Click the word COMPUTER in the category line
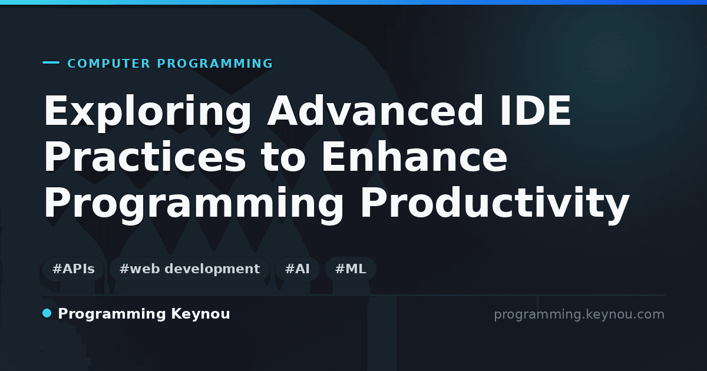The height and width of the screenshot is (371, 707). [108, 64]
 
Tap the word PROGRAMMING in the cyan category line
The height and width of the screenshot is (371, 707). [214, 64]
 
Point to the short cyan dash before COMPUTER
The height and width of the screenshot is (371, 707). [51, 62]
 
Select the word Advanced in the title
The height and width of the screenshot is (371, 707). [375, 111]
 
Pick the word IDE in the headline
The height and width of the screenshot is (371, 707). [536, 111]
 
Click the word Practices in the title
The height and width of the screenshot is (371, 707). [145, 157]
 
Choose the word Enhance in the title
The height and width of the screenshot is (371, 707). [414, 157]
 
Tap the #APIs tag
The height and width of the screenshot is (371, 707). [73, 269]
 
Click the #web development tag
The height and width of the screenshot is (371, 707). [189, 269]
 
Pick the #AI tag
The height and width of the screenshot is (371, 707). [298, 269]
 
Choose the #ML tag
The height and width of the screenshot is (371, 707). [351, 269]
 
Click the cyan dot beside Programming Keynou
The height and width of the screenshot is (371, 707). [47, 313]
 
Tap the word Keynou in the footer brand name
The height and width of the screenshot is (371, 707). [200, 314]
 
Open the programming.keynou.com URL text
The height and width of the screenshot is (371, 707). [579, 315]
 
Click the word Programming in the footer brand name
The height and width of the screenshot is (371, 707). [112, 314]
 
